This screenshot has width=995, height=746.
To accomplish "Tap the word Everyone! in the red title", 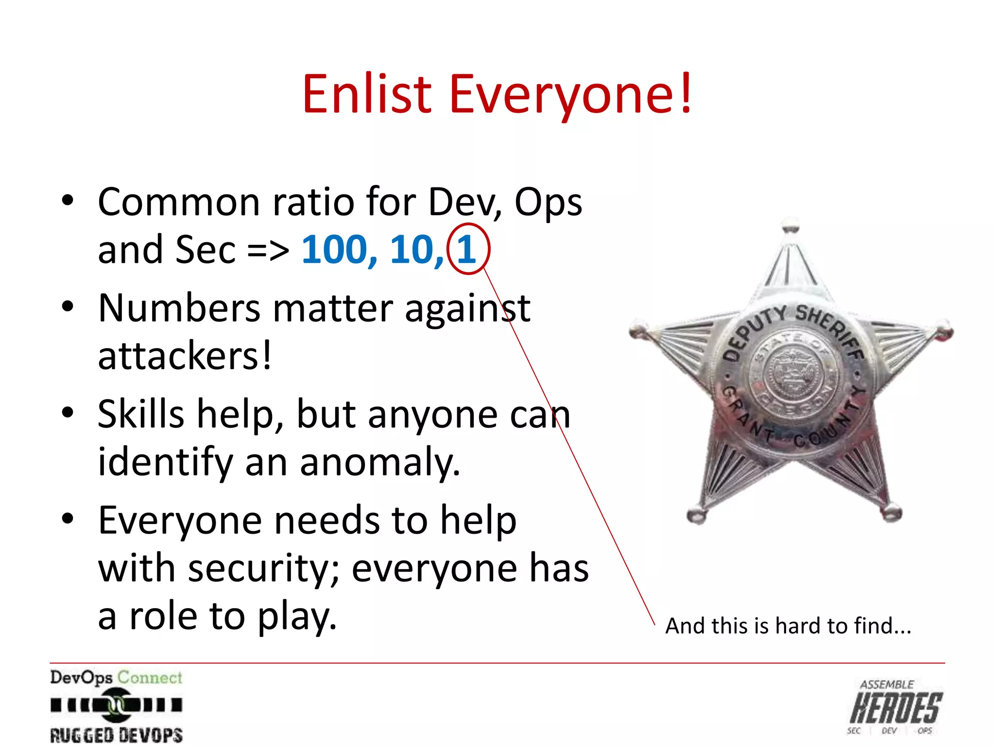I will tap(571, 95).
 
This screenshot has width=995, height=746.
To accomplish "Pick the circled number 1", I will tap(467, 249).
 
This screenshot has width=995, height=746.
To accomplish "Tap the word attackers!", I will tap(185, 356).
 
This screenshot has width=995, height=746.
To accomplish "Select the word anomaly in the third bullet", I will tap(379, 462).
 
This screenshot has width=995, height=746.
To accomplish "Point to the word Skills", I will tap(141, 414).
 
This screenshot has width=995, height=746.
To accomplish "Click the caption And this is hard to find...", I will tap(788, 626).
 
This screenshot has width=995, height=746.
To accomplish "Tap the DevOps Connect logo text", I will tap(116, 678).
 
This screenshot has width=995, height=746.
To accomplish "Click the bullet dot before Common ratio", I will tap(68, 201).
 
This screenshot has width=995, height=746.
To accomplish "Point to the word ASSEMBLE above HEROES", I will tap(887, 685).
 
